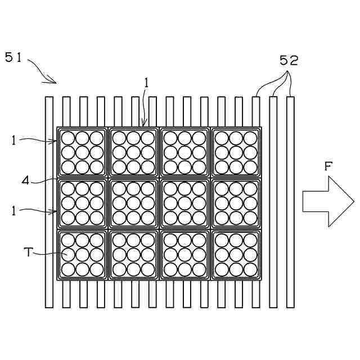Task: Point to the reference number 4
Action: coord(25,181)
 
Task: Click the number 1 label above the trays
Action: coord(146,83)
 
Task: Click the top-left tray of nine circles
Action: coord(82,152)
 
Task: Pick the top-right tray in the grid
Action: coord(236,152)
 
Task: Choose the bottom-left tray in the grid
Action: coord(82,255)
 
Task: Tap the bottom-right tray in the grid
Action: coord(236,255)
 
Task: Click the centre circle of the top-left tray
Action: coord(82,152)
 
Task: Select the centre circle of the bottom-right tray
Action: coord(236,255)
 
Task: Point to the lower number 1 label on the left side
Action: coord(13,211)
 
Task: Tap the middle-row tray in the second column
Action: coord(133,203)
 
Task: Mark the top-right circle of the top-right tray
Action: coord(250,138)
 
